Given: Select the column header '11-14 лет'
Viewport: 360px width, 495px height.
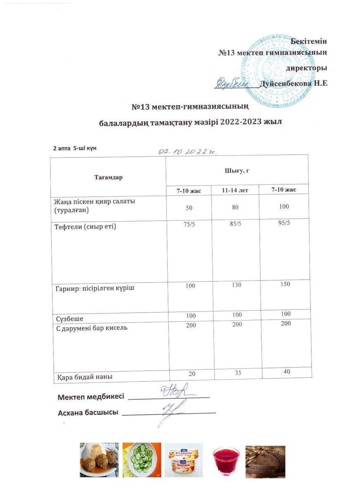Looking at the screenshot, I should coord(235,191).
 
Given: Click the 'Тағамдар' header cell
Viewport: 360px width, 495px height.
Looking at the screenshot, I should coord(108,177).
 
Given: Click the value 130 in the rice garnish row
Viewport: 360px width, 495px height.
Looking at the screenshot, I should coord(237,285).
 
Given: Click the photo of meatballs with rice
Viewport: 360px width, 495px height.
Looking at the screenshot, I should coord(99,460).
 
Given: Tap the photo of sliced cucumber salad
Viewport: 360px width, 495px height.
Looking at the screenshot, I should coord(142,460).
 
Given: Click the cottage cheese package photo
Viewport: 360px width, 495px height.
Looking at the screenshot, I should coord(183,460).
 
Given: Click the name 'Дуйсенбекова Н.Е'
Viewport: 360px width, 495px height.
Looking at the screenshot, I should coord(294,83).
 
